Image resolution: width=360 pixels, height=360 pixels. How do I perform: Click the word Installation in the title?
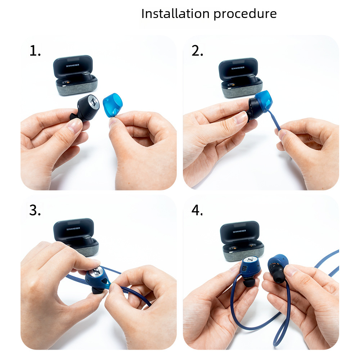coord(175,14)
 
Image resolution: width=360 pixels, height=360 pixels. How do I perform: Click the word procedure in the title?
coord(245,15)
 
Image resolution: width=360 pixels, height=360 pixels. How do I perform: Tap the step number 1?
coord(35,51)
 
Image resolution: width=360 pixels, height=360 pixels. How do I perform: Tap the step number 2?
coord(197,51)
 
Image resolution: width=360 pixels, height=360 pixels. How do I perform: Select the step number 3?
coord(35,210)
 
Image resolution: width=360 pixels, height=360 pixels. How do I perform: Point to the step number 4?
coord(197,210)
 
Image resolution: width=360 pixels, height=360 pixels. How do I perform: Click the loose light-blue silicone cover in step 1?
coord(112,105)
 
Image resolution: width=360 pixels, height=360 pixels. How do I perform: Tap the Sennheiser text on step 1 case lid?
coord(73,66)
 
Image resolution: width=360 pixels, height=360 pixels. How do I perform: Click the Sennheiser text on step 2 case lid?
coord(238,68)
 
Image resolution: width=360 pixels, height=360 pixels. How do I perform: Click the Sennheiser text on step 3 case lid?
coord(73,229)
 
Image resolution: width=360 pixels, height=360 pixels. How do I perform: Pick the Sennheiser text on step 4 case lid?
coord(239,231)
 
